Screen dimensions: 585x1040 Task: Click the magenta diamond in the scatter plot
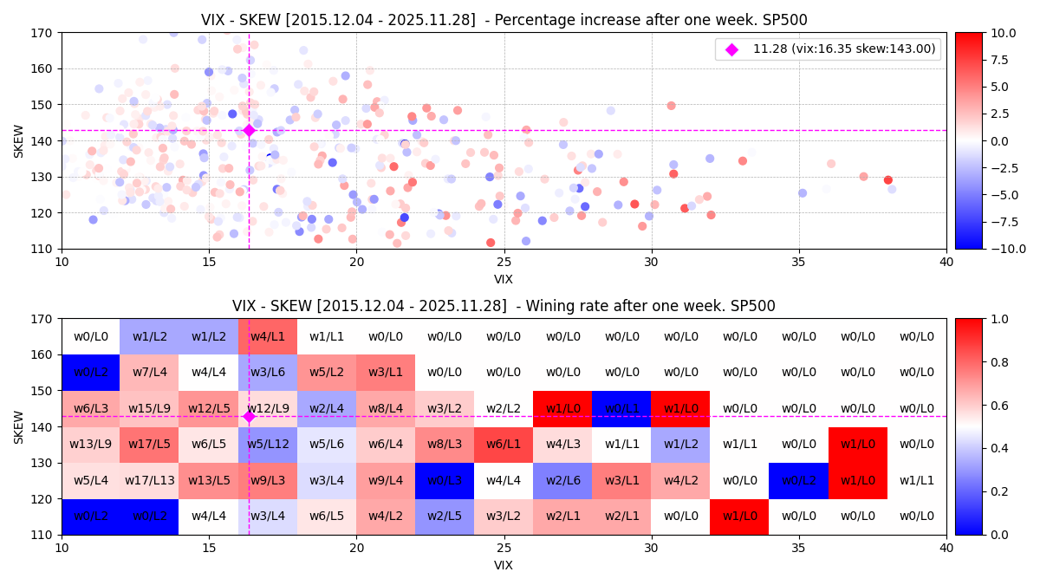click(249, 130)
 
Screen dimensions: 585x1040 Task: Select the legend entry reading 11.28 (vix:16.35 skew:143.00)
click(844, 49)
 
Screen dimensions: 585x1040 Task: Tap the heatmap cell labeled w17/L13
click(149, 480)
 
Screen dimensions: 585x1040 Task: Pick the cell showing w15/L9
click(149, 408)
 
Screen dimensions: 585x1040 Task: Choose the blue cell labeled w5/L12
click(268, 445)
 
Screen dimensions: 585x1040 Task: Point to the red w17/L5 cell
click(149, 445)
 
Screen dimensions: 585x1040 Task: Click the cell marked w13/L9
click(90, 445)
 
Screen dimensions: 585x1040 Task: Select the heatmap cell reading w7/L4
click(149, 372)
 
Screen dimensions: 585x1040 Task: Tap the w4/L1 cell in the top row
click(268, 336)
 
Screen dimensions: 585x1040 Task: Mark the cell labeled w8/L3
click(445, 445)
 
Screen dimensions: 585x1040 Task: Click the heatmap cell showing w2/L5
click(445, 517)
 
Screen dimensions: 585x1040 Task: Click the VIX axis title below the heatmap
click(504, 566)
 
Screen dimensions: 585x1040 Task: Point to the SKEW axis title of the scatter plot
click(19, 140)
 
